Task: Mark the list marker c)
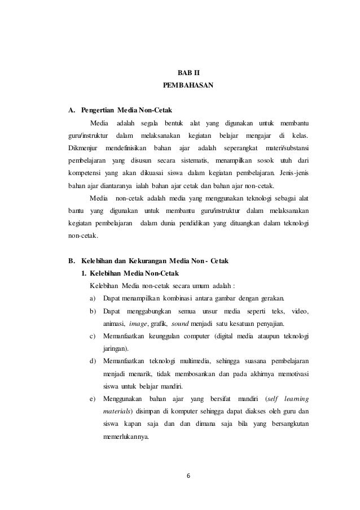click(x=93, y=337)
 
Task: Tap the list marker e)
click(x=93, y=399)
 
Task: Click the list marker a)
click(x=93, y=298)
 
